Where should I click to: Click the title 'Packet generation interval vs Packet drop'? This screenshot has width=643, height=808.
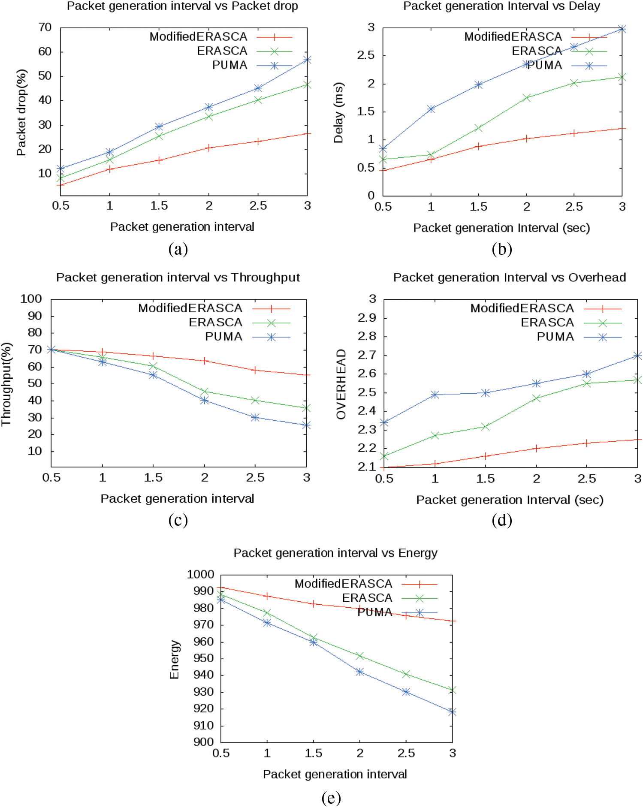click(x=182, y=6)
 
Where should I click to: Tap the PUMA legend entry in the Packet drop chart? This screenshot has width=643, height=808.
click(x=230, y=65)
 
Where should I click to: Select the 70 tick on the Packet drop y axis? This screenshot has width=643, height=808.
click(x=45, y=27)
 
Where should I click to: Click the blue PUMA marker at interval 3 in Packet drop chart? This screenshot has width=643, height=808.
click(x=307, y=60)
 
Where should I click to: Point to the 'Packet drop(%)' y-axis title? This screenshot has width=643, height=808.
click(x=21, y=112)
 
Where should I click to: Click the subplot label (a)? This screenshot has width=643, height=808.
click(x=178, y=249)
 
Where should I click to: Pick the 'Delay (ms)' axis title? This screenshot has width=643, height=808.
click(x=338, y=112)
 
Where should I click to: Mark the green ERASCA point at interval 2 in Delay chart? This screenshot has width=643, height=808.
click(x=527, y=98)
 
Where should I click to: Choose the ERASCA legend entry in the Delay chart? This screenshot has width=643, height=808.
click(x=537, y=51)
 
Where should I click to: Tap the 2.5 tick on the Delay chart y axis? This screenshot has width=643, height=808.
click(x=366, y=55)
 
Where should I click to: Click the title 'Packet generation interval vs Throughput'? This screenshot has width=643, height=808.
click(x=178, y=277)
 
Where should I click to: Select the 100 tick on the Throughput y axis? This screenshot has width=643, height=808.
click(x=31, y=299)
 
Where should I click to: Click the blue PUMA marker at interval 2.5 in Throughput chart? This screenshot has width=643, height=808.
click(x=255, y=417)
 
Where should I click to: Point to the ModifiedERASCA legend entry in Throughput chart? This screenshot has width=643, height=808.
click(x=190, y=308)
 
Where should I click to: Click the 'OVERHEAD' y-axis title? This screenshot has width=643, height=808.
click(x=341, y=384)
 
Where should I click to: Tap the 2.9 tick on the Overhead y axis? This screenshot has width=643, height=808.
click(x=367, y=318)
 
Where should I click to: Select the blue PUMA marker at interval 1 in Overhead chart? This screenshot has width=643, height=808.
click(x=435, y=395)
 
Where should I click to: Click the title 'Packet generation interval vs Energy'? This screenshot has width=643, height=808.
click(x=335, y=553)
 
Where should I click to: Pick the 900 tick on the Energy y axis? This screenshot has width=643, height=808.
click(x=203, y=742)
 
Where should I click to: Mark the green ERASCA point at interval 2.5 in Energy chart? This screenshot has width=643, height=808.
click(x=406, y=674)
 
